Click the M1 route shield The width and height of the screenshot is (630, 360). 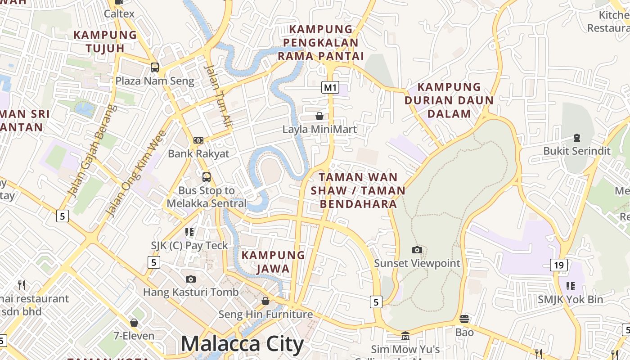coord(330,87)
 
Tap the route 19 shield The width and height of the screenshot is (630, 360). coord(558,265)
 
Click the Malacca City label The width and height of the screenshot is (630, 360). coord(243,344)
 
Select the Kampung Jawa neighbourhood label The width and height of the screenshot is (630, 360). coord(273,262)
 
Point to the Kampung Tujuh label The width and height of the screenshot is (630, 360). coord(105,41)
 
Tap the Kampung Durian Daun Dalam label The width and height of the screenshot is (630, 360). coord(449,100)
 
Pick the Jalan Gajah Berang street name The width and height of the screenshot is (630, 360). coord(91,151)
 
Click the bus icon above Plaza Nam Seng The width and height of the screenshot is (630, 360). coord(154,67)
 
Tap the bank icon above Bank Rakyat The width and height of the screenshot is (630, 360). coord(198,140)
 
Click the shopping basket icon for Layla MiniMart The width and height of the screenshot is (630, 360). coord(319,116)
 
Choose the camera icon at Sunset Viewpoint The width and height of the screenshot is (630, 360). coord(417,250)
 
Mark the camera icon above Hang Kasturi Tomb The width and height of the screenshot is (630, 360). coord(191,279)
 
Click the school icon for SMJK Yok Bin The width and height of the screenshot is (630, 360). coord(571,286)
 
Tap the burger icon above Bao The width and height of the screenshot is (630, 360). coord(464,319)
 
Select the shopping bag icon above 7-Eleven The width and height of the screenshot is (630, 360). coord(134,323)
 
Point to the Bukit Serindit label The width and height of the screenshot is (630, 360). coord(577,151)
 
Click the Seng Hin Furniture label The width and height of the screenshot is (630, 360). coord(265,314)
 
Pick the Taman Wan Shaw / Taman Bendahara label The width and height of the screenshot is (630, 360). coord(358,190)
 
